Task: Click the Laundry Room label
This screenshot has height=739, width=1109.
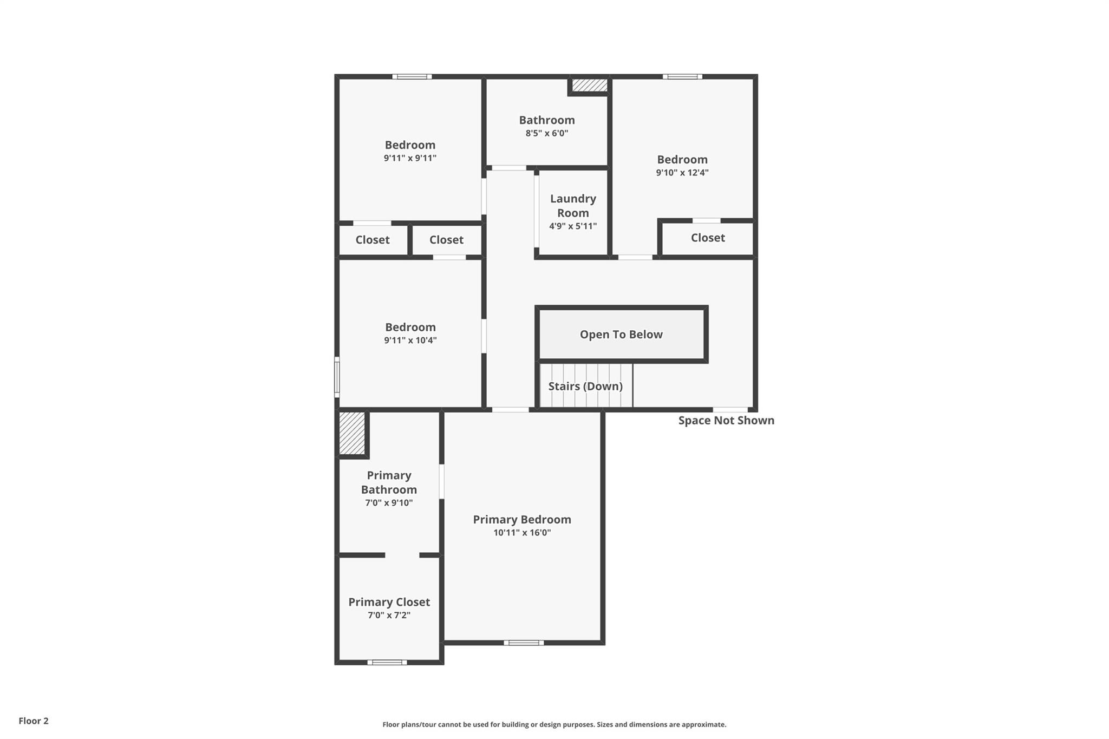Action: coord(573,206)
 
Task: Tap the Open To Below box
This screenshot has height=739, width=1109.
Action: coord(621,335)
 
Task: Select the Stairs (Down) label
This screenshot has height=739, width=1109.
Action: coord(585,386)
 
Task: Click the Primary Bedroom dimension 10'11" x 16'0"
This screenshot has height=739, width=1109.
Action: coord(522,533)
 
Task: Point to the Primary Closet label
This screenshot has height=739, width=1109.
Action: coord(389,602)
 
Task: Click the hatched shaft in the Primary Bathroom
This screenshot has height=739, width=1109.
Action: coord(352,433)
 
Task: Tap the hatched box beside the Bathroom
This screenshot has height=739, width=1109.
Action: coord(590,85)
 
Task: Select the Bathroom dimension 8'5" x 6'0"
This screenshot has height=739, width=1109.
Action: coord(547,133)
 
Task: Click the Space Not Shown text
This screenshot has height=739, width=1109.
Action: coord(726,421)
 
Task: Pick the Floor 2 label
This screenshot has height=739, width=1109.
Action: coord(34,721)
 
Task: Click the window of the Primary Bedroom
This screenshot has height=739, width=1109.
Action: coord(524,643)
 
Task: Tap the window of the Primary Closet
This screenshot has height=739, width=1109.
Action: coord(387,662)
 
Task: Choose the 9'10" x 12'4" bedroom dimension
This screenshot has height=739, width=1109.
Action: coord(682,173)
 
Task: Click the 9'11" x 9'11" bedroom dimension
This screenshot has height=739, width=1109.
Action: coord(410,158)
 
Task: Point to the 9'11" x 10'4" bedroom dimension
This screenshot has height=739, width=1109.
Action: coord(410,341)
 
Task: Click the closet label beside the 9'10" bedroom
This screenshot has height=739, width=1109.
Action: coord(708,238)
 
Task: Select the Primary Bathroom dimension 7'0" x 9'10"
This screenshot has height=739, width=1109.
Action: coord(389,503)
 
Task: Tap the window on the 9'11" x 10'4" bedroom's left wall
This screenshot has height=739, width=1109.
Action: coord(337,377)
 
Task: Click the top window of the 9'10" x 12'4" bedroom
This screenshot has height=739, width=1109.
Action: coord(682,77)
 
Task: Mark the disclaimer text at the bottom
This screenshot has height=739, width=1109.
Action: coord(554,724)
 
